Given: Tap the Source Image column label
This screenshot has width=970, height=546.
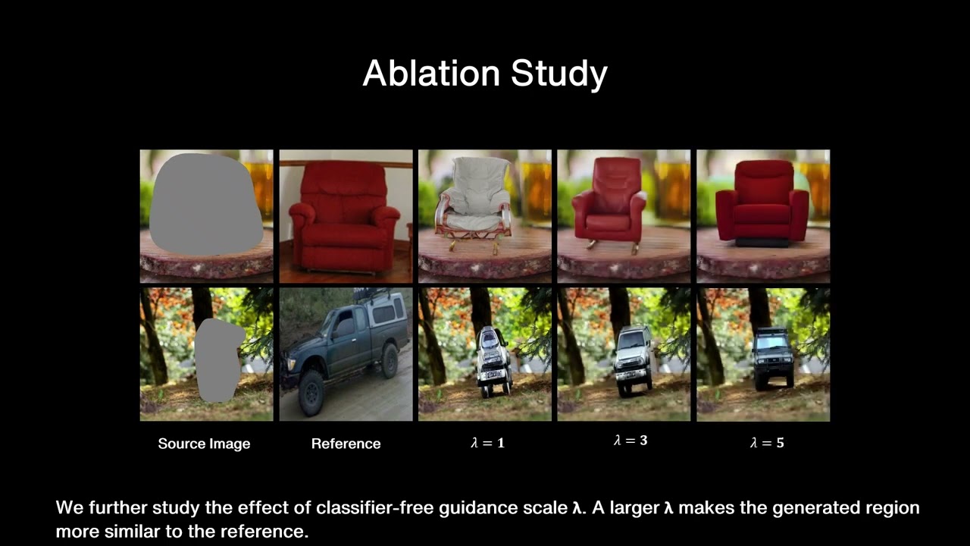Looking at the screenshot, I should point(204,444).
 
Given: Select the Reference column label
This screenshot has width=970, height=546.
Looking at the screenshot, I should point(346,444).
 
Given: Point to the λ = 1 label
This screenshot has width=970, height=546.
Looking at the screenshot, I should point(487,443).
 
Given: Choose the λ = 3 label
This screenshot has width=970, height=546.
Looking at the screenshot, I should point(630,440).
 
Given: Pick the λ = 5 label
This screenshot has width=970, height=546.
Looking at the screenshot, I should point(767,443).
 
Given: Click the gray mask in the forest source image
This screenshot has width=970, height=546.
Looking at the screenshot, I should point(217,359).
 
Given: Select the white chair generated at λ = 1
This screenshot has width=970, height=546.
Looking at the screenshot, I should point(471,201).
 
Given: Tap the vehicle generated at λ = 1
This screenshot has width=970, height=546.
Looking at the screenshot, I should point(494,360).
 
